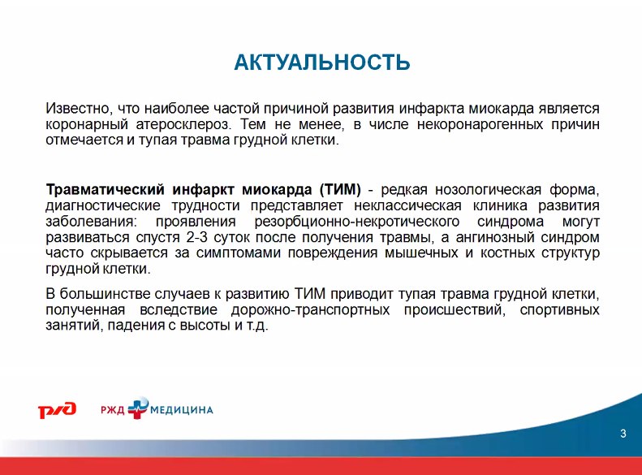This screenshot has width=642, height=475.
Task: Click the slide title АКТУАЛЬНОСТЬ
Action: pos(322,63)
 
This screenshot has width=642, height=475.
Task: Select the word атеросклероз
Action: pos(183,124)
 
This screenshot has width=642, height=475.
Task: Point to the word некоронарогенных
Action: pos(480,124)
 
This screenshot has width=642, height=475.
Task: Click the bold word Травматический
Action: pos(106,189)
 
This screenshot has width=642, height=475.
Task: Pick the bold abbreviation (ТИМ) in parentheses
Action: pos(340,189)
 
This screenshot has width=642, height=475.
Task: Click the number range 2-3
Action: pos(196,237)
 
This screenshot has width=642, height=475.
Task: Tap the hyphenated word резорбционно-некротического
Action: pos(356,222)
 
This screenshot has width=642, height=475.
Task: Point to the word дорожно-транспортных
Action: pos(310,309)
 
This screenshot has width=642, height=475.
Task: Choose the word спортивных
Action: pos(560,309)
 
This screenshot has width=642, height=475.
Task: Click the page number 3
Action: pos(623,434)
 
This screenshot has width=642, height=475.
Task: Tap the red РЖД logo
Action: pos(58,409)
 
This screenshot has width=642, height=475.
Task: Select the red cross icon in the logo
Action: pos(138,408)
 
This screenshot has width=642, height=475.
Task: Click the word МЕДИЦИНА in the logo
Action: pos(182,410)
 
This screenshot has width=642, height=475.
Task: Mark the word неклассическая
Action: pos(407,205)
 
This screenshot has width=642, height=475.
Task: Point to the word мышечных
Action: pos(421,253)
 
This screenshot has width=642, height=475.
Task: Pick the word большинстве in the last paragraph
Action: pos(105,294)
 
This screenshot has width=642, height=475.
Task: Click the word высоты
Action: pos(205,326)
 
